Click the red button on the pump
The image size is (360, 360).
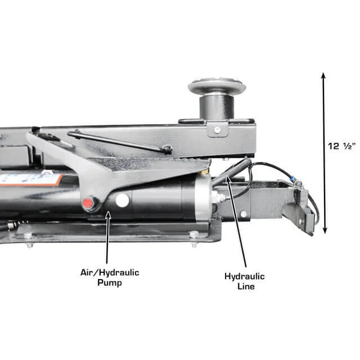pos(89,203)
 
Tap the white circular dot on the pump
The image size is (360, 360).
pos(122,200)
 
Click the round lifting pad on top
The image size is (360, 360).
pos(217,86)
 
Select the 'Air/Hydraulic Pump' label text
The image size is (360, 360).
pos(110,277)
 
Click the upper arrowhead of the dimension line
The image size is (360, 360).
pos(324,77)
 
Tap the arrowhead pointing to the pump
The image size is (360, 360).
pos(107,213)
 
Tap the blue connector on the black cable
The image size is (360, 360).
pos(293,178)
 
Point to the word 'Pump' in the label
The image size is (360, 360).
pos(110,283)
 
